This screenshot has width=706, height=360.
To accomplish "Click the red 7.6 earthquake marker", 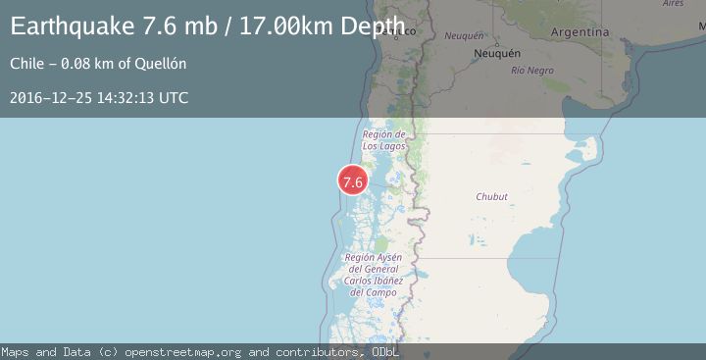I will (x=352, y=181).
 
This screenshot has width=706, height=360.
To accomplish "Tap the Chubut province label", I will (x=491, y=197).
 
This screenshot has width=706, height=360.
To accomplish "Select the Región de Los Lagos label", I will (x=383, y=140).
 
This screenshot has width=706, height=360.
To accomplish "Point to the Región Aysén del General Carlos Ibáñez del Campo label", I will (x=373, y=274).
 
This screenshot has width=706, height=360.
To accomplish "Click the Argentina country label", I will (x=580, y=32).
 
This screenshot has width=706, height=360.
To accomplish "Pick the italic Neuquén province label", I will (x=464, y=35).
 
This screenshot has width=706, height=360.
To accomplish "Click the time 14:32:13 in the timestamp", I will (x=122, y=98).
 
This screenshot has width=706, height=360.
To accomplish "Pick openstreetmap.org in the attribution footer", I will (x=187, y=351).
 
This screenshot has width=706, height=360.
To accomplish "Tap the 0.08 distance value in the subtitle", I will (x=78, y=65).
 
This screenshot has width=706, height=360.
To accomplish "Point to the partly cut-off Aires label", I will (x=674, y=4).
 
